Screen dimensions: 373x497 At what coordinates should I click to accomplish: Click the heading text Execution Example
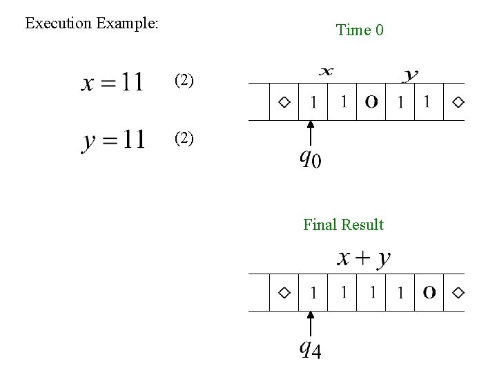point(92,23)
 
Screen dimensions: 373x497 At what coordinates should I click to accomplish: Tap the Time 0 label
point(360,30)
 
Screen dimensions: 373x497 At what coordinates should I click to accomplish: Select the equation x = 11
point(113,83)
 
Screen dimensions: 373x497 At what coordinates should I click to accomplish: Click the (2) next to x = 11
point(184,80)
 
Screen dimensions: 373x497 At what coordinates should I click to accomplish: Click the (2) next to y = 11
point(184,138)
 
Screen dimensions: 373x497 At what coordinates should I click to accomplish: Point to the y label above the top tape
point(410,74)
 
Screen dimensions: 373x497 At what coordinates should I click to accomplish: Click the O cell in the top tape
point(371,102)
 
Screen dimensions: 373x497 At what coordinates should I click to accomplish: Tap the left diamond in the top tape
point(284,102)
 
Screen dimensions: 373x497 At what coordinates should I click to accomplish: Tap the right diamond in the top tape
point(458,102)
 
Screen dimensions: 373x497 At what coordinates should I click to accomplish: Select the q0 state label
point(310,160)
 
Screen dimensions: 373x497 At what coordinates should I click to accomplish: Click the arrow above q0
point(311,134)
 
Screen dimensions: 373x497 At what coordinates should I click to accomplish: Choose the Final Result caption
point(344,224)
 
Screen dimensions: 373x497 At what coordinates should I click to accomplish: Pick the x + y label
point(364,258)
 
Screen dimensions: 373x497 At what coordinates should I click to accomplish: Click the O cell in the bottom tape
point(429,293)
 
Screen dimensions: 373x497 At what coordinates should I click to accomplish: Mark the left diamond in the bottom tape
point(284,293)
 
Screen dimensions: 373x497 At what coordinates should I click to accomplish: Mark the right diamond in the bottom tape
point(458,293)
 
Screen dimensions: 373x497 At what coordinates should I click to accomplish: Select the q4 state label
point(310,350)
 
